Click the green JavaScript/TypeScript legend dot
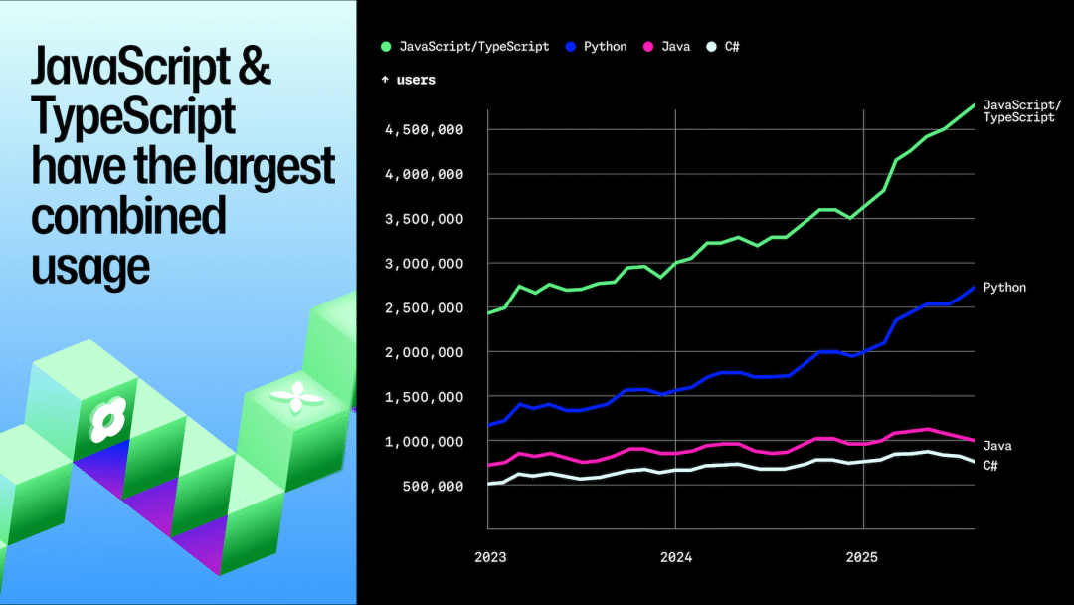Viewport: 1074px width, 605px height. pyautogui.click(x=387, y=46)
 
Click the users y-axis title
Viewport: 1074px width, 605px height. pyautogui.click(x=409, y=80)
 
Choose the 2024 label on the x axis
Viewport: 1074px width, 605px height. pyautogui.click(x=676, y=557)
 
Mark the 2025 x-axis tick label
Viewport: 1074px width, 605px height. pyautogui.click(x=864, y=557)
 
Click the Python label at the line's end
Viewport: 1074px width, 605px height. pyautogui.click(x=1004, y=287)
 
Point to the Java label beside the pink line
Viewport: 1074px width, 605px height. pyautogui.click(x=997, y=446)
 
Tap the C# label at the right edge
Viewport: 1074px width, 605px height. pyautogui.click(x=990, y=465)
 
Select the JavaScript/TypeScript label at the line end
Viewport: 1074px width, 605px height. pyautogui.click(x=1021, y=111)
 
